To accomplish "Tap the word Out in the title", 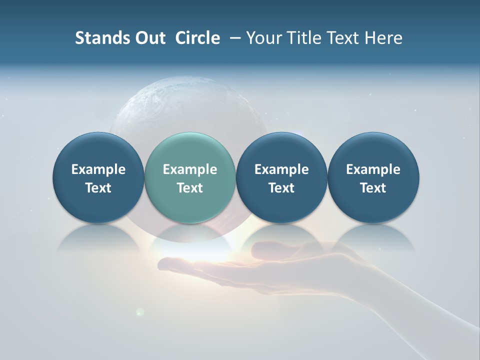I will click(x=149, y=38).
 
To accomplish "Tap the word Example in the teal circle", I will click(x=190, y=169).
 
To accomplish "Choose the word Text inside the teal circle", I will click(x=190, y=188).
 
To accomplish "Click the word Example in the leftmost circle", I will click(x=98, y=169).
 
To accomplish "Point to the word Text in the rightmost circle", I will click(x=373, y=188).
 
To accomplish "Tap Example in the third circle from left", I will click(x=281, y=169).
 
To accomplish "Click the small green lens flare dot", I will click(x=140, y=311).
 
